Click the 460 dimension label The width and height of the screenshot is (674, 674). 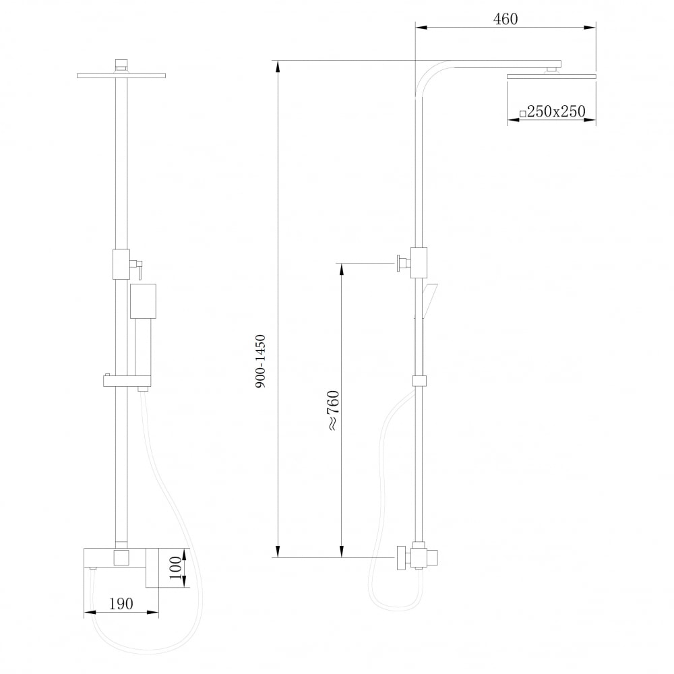coord(506,20)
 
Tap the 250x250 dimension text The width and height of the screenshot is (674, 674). coord(556,112)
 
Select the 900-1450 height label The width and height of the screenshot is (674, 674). coord(261,361)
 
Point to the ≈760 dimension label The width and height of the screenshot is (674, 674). coord(334,410)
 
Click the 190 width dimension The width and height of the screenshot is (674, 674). coord(121,604)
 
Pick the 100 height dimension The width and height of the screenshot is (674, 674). coord(175,568)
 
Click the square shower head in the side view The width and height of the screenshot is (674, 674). coord(551,77)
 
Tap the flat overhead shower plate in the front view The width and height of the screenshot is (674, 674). coord(121,76)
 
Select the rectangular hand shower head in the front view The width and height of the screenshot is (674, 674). coord(143,301)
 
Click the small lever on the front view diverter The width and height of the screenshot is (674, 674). coord(139,270)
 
